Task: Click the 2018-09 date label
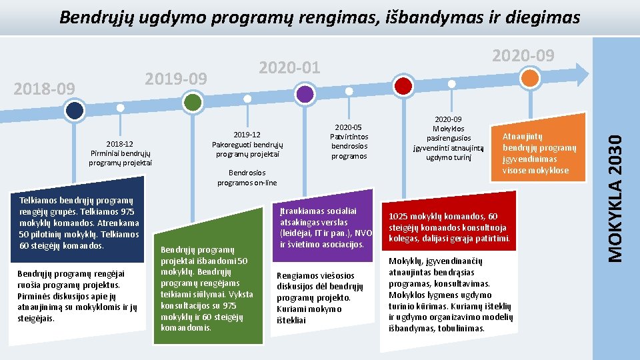click(45, 89)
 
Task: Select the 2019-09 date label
click(177, 79)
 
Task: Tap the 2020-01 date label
click(289, 67)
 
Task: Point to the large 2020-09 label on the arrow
click(522, 56)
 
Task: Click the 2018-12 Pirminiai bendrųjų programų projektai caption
click(121, 153)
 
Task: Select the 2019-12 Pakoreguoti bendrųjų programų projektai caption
click(247, 145)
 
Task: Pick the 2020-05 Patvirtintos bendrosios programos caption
click(349, 141)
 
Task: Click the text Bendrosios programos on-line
click(247, 177)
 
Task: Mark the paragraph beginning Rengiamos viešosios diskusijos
click(320, 297)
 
